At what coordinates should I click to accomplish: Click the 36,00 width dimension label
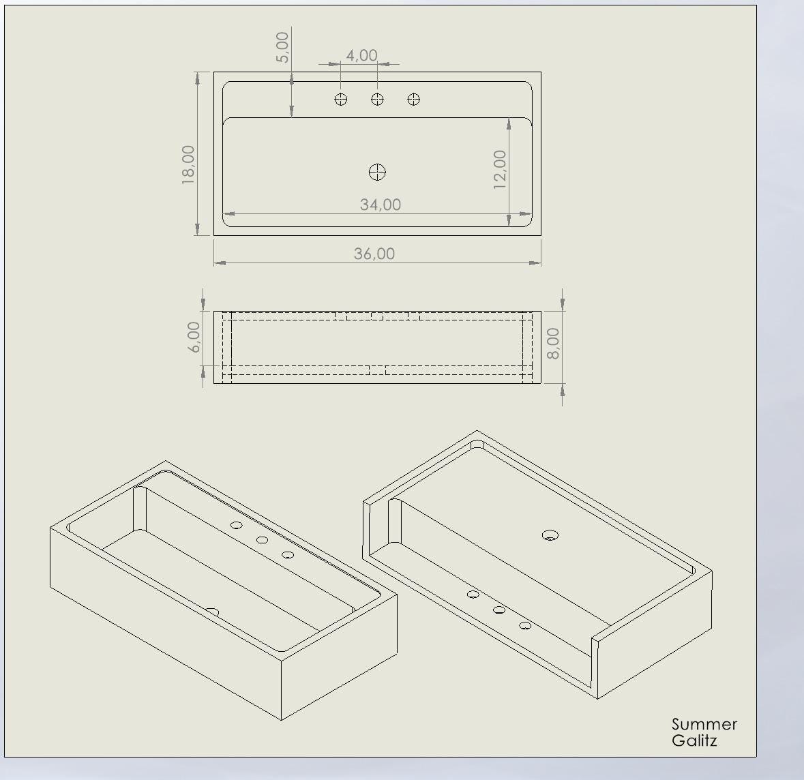pos(374,254)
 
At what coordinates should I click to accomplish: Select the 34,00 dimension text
pos(381,205)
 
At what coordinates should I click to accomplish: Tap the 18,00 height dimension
pos(188,164)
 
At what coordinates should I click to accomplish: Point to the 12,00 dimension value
pos(499,169)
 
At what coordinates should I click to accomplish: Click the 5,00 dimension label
pos(282,47)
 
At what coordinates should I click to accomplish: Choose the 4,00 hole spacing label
pos(361,55)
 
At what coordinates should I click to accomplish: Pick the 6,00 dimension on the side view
pos(194,337)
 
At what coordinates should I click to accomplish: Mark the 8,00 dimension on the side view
pos(553,343)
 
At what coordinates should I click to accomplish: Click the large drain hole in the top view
pos(377,172)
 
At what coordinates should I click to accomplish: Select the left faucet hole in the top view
pos(341,99)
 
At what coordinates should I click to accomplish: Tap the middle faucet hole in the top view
pos(377,99)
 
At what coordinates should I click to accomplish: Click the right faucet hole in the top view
pos(414,99)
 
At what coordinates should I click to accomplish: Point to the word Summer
pos(704,724)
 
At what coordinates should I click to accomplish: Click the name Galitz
pos(694,740)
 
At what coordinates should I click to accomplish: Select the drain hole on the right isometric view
pos(550,535)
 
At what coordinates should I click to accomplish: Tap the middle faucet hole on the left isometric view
pos(262,540)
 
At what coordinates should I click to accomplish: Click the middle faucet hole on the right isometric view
pos(499,610)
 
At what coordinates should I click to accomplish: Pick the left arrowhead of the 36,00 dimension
pos(220,263)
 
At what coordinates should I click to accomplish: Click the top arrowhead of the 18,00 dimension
pos(198,78)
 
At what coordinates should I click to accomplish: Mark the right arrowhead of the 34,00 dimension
pos(526,214)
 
